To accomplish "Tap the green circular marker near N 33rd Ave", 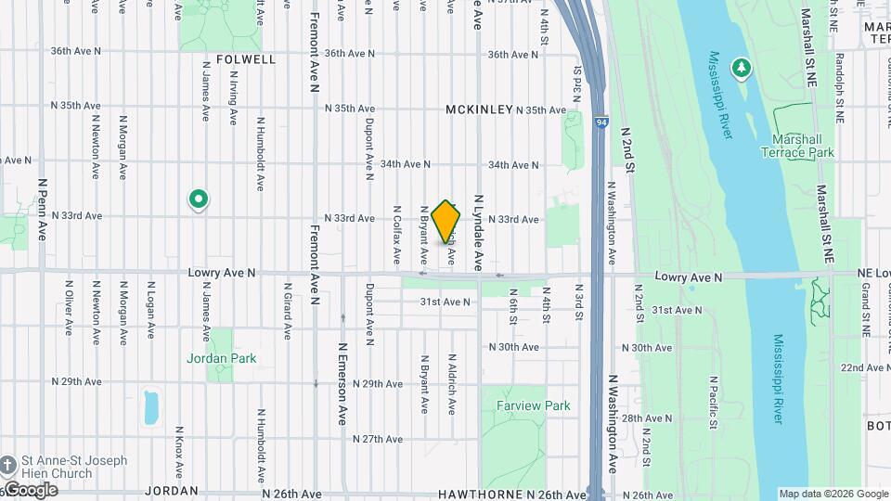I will pos(198,199).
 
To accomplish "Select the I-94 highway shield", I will pos(602,122).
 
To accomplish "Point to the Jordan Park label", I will pos(221,358).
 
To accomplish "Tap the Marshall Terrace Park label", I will pos(798,146).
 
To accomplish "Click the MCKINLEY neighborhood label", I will pos(479,109).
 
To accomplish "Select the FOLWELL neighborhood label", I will pos(246,59).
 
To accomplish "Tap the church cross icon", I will pos(7,465).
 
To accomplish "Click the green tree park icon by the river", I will pos(741,68).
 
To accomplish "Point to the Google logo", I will pos(31,490).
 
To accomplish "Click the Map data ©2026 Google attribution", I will pos(833,494).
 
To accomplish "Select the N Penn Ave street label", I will pos(42,210).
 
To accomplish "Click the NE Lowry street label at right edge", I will pos(873,276).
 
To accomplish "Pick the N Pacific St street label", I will pos(713,403).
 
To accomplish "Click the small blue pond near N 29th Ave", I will pos(151,406).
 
